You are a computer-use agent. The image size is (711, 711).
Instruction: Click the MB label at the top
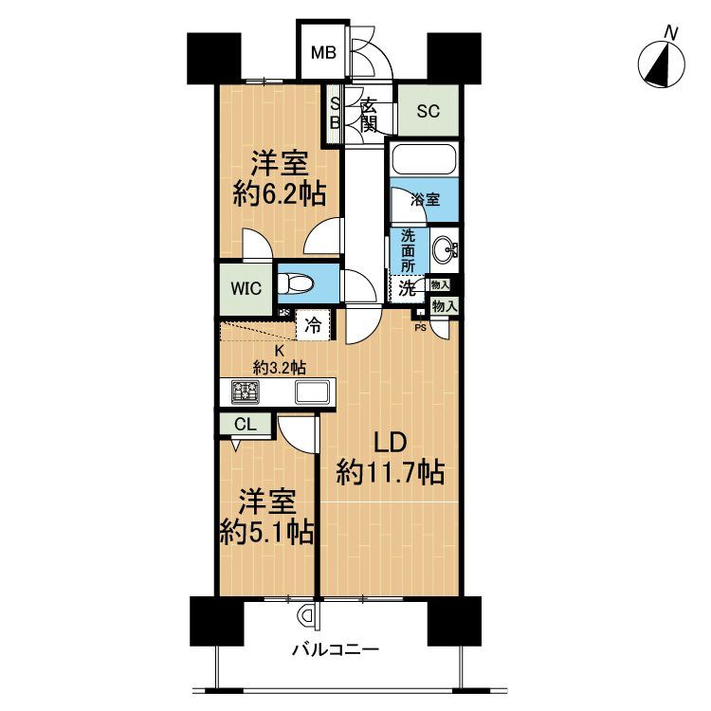click(x=324, y=53)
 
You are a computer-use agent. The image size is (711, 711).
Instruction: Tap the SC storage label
click(x=428, y=110)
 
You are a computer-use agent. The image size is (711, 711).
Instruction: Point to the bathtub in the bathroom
click(x=424, y=158)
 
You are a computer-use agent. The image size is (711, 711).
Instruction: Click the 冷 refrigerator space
click(x=312, y=325)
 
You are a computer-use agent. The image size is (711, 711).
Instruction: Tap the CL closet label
click(x=245, y=425)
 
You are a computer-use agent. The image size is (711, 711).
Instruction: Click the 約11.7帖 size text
click(x=391, y=473)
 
